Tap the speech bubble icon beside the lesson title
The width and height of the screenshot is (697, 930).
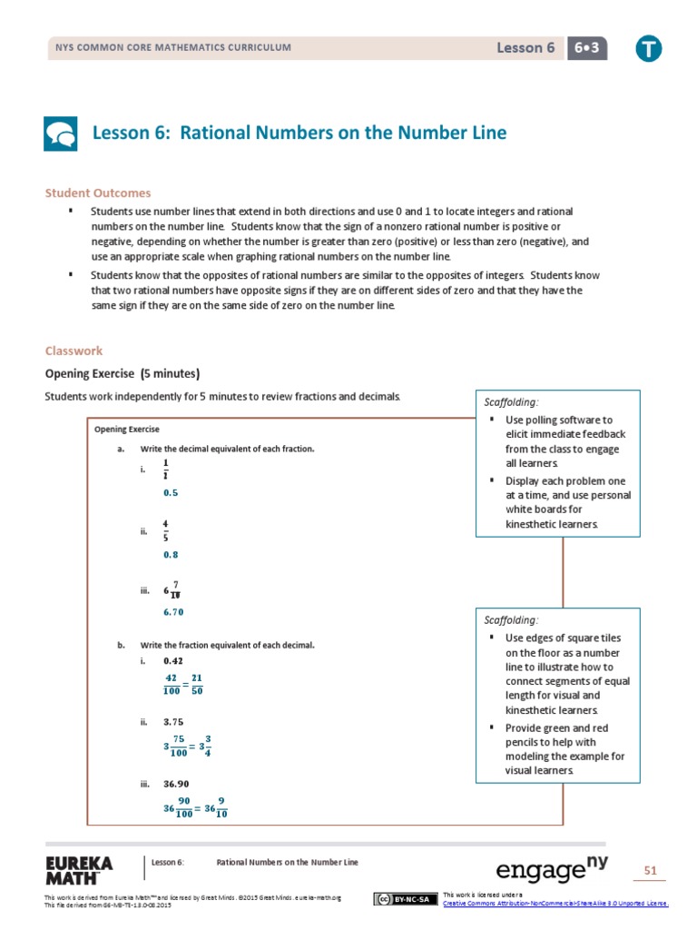point(61,134)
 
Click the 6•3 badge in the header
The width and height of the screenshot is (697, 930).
point(588,48)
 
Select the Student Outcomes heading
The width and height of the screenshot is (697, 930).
point(98,193)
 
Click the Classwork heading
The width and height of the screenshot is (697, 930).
point(74,351)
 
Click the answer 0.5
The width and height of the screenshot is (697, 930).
point(171,492)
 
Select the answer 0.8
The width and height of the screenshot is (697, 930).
point(171,553)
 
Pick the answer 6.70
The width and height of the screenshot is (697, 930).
point(173,612)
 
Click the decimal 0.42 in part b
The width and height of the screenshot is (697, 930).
point(173,660)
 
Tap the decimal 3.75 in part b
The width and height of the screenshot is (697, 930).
point(173,722)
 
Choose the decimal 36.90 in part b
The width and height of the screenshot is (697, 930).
point(176,783)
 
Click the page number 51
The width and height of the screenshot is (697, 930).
point(650,871)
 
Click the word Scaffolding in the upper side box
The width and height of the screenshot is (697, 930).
point(509,401)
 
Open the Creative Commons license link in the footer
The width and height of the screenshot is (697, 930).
point(555,903)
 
